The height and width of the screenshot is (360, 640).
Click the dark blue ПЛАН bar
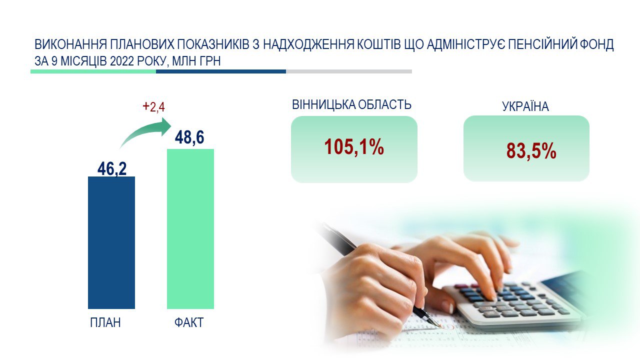[111, 242]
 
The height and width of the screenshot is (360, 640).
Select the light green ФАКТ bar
[190, 229]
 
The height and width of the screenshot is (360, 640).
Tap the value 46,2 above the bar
[112, 168]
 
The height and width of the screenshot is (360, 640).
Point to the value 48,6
[189, 137]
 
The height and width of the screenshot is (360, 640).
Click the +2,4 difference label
[153, 107]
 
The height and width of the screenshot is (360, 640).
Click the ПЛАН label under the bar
[105, 322]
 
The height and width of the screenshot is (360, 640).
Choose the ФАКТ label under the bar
[189, 322]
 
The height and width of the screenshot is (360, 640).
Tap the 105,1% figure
[354, 147]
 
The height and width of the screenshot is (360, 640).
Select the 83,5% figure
[531, 150]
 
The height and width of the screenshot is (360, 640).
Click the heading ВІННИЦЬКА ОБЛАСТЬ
[351, 104]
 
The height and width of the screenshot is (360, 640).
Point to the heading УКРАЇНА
[525, 106]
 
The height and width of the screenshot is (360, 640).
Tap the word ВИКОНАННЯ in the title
[71, 44]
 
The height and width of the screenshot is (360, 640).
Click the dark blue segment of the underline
[221, 71]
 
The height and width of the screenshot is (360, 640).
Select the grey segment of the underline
[349, 71]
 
